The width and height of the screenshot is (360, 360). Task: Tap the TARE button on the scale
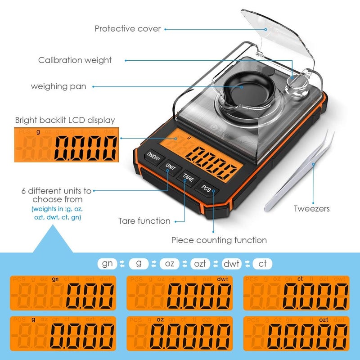188,177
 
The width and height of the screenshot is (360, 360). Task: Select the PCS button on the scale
207,188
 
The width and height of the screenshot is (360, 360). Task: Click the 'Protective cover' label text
128,29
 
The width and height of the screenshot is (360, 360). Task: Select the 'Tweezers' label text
312,209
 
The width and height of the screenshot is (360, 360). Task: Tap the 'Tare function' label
144,221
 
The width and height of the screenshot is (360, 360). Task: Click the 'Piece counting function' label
219,240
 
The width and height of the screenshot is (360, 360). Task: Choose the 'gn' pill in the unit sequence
108,263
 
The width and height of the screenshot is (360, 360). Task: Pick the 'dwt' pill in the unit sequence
231,263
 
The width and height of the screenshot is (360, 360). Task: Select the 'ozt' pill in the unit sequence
200,263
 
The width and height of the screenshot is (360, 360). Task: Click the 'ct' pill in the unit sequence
262,263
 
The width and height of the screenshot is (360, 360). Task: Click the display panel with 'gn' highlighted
63,293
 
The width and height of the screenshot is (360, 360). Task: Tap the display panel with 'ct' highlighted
296,293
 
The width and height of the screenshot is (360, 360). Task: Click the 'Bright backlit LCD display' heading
65,120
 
